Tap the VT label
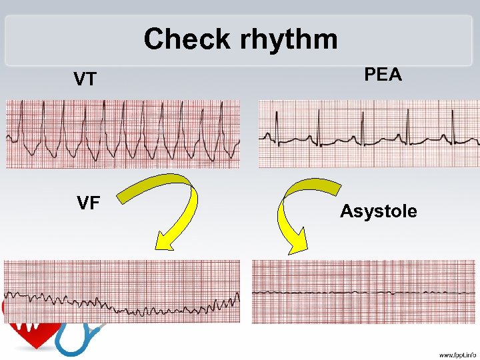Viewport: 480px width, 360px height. (85, 80)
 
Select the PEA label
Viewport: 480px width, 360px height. (383, 75)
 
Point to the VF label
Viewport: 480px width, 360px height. (89, 203)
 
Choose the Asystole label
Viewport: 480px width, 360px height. (378, 211)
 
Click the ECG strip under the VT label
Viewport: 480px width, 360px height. (123, 134)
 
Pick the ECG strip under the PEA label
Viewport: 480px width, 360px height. (369, 134)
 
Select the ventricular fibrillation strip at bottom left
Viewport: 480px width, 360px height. (122, 291)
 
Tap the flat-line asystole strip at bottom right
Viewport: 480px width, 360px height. (365, 292)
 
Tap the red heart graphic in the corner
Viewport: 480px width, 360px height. (27, 333)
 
